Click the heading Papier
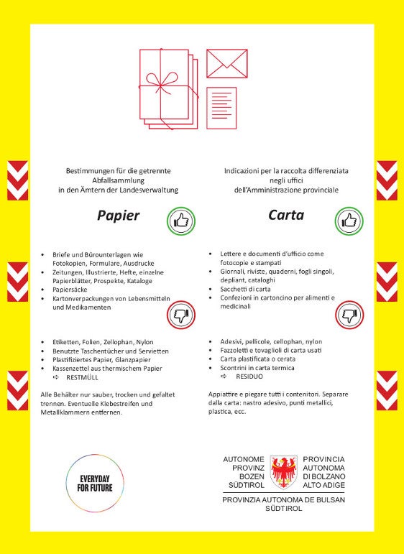click(x=119, y=216)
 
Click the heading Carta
click(x=286, y=216)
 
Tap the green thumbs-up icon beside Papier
click(x=180, y=220)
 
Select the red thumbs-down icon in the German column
click(x=180, y=314)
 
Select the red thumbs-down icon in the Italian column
click(x=349, y=314)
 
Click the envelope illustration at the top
click(x=226, y=63)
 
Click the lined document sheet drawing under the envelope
click(x=221, y=108)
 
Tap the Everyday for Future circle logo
click(x=95, y=483)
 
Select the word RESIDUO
click(x=249, y=377)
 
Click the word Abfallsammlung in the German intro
click(x=118, y=181)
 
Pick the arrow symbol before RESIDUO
click(x=223, y=377)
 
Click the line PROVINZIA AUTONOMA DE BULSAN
click(x=284, y=499)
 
